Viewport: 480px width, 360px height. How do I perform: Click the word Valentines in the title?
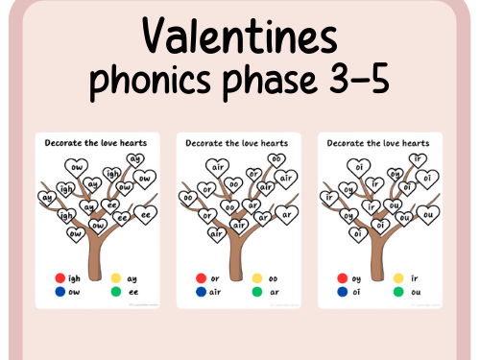click(x=239, y=37)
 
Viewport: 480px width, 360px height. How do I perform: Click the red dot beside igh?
click(x=60, y=278)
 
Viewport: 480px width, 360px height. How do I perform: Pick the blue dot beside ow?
click(x=60, y=292)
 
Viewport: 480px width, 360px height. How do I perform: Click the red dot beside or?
click(x=202, y=278)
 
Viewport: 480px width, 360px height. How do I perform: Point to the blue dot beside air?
click(x=202, y=292)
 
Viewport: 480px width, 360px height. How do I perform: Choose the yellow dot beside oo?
click(x=257, y=278)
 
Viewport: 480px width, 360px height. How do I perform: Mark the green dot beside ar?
click(x=257, y=292)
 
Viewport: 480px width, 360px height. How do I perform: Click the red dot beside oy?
click(x=343, y=278)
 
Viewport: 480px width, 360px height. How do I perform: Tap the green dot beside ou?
click(x=398, y=292)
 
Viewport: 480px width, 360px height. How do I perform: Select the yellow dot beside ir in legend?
click(x=398, y=278)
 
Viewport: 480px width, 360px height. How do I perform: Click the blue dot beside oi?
click(x=343, y=292)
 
